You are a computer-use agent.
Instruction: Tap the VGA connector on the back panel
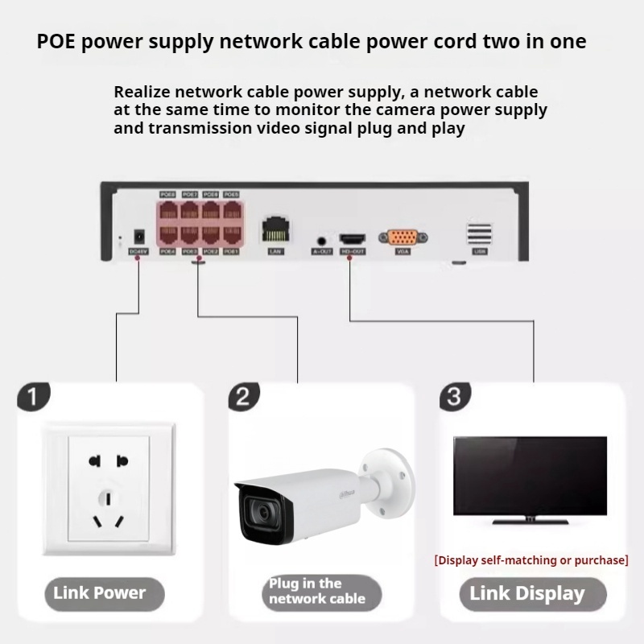(x=402, y=237)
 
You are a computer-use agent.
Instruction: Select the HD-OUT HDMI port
(x=352, y=239)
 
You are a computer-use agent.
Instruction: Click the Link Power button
(x=100, y=593)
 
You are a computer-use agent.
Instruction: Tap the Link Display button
(x=527, y=594)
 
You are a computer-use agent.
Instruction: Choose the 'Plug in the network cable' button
(x=316, y=592)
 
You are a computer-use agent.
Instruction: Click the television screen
(x=530, y=475)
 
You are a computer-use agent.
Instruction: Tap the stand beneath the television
(x=530, y=520)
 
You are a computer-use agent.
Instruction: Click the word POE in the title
(x=56, y=42)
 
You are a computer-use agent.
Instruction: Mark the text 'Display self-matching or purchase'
(x=530, y=559)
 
